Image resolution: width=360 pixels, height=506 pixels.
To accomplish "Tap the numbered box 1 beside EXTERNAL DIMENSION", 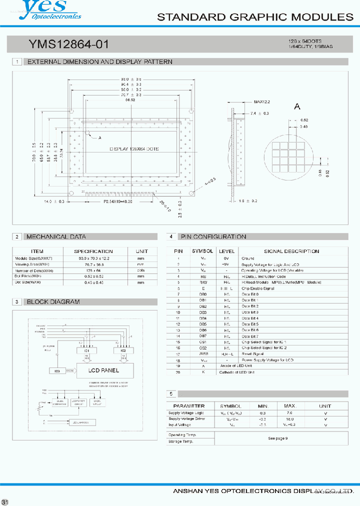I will click(17, 62).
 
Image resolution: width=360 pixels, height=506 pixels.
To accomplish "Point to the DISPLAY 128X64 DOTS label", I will click(133, 149).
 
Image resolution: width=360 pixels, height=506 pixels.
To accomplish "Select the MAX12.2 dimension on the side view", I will click(261, 101).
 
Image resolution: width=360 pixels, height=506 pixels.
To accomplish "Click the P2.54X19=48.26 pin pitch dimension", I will click(121, 201).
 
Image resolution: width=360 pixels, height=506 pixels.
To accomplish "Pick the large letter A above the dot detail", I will click(297, 106).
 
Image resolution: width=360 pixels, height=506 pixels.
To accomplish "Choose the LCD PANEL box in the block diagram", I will click(103, 370).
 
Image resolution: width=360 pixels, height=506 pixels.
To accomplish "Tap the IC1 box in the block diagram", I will click(87, 350).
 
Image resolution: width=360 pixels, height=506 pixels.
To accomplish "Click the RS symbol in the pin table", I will click(202, 275).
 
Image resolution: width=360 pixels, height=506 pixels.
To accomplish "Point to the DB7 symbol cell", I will click(202, 336).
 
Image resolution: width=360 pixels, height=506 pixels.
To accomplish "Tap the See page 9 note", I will click(278, 438).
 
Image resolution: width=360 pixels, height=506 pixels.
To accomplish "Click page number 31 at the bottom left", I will click(5, 501).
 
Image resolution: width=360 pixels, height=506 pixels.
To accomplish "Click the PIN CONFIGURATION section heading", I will click(213, 236).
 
